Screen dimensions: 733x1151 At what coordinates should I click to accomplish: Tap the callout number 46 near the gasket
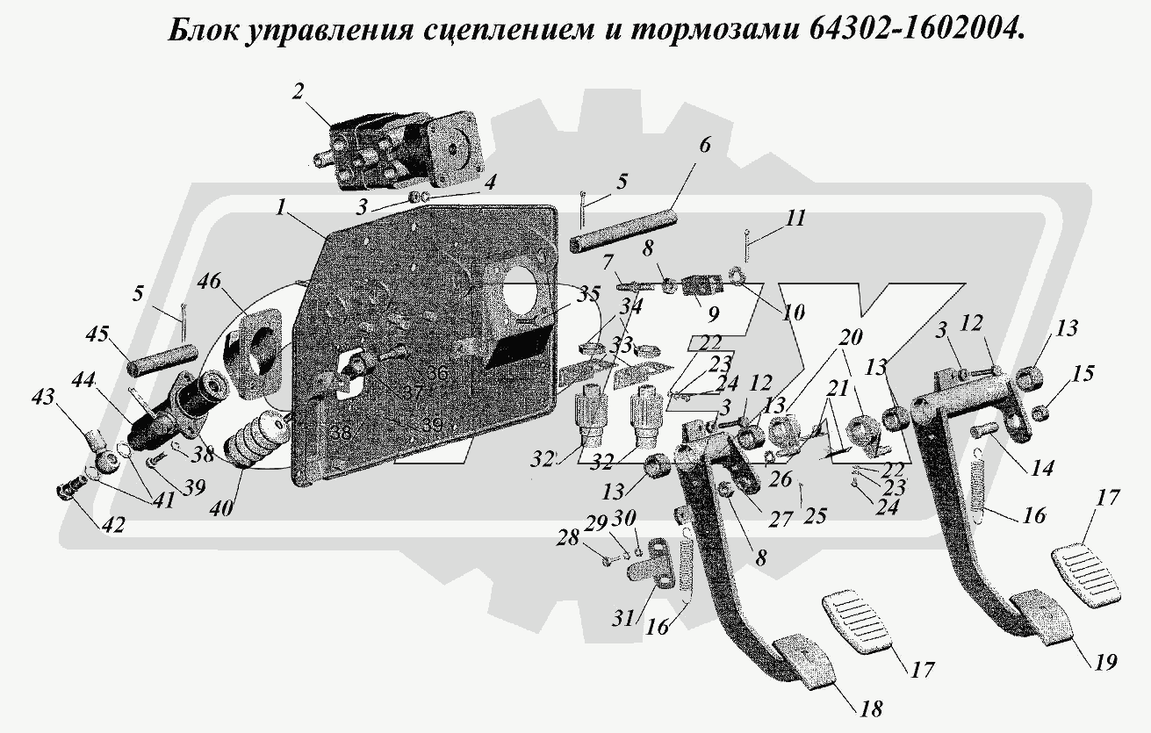click(x=208, y=284)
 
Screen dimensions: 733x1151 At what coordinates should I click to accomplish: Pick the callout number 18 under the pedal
click(x=872, y=708)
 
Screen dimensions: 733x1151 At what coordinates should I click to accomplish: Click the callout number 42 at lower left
click(x=112, y=525)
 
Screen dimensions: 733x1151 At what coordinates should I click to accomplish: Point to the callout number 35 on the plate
click(x=588, y=293)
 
